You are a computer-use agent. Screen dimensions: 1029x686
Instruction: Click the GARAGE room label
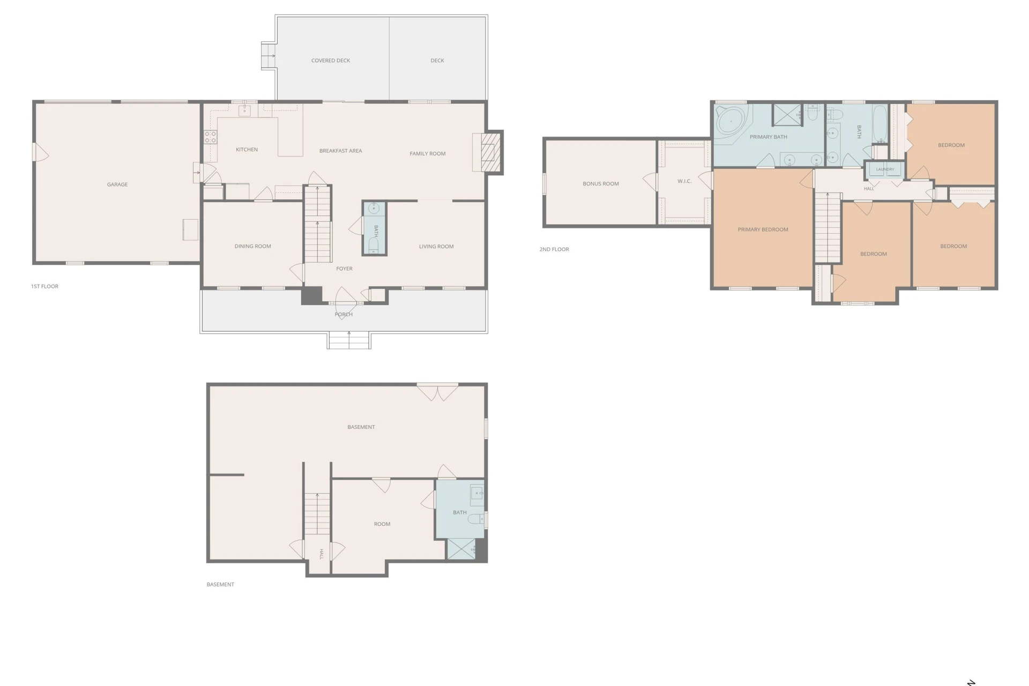pyautogui.click(x=117, y=184)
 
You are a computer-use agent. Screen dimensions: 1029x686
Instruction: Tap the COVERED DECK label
pyautogui.click(x=331, y=61)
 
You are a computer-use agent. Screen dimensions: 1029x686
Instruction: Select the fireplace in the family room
pyautogui.click(x=488, y=152)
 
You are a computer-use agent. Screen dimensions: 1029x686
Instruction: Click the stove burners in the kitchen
pyautogui.click(x=210, y=137)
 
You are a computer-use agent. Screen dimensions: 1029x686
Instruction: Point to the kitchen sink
pyautogui.click(x=244, y=110)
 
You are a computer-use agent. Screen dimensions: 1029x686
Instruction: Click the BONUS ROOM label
pyautogui.click(x=601, y=184)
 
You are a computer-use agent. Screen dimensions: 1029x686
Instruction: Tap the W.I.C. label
pyautogui.click(x=684, y=181)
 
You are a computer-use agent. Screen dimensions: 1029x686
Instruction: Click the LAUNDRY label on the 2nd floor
pyautogui.click(x=885, y=169)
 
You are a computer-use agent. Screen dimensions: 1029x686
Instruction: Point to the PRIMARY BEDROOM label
pyautogui.click(x=763, y=229)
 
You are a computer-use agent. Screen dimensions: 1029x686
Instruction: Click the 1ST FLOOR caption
pyautogui.click(x=44, y=286)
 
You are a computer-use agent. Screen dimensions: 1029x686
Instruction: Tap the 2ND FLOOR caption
pyautogui.click(x=554, y=249)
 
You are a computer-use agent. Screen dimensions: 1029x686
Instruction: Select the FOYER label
pyautogui.click(x=344, y=269)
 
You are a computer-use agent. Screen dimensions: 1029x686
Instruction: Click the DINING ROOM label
pyautogui.click(x=252, y=247)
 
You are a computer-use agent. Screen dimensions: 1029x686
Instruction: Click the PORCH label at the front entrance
pyautogui.click(x=344, y=315)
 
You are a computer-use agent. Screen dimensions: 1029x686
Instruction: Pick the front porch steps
pyautogui.click(x=349, y=340)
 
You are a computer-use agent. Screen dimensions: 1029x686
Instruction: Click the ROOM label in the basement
pyautogui.click(x=382, y=524)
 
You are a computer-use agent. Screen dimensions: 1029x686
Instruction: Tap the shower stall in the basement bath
pyautogui.click(x=461, y=550)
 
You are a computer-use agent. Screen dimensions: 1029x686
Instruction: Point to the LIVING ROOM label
pyautogui.click(x=436, y=247)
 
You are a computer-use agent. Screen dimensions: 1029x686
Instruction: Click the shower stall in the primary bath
pyautogui.click(x=787, y=115)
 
